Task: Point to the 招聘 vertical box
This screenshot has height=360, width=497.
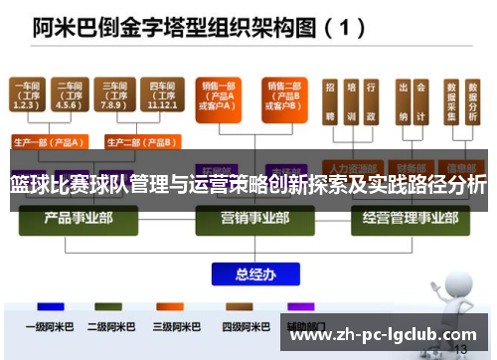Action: pyautogui.click(x=329, y=102)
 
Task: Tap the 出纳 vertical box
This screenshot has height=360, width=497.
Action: pyautogui.click(x=405, y=102)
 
